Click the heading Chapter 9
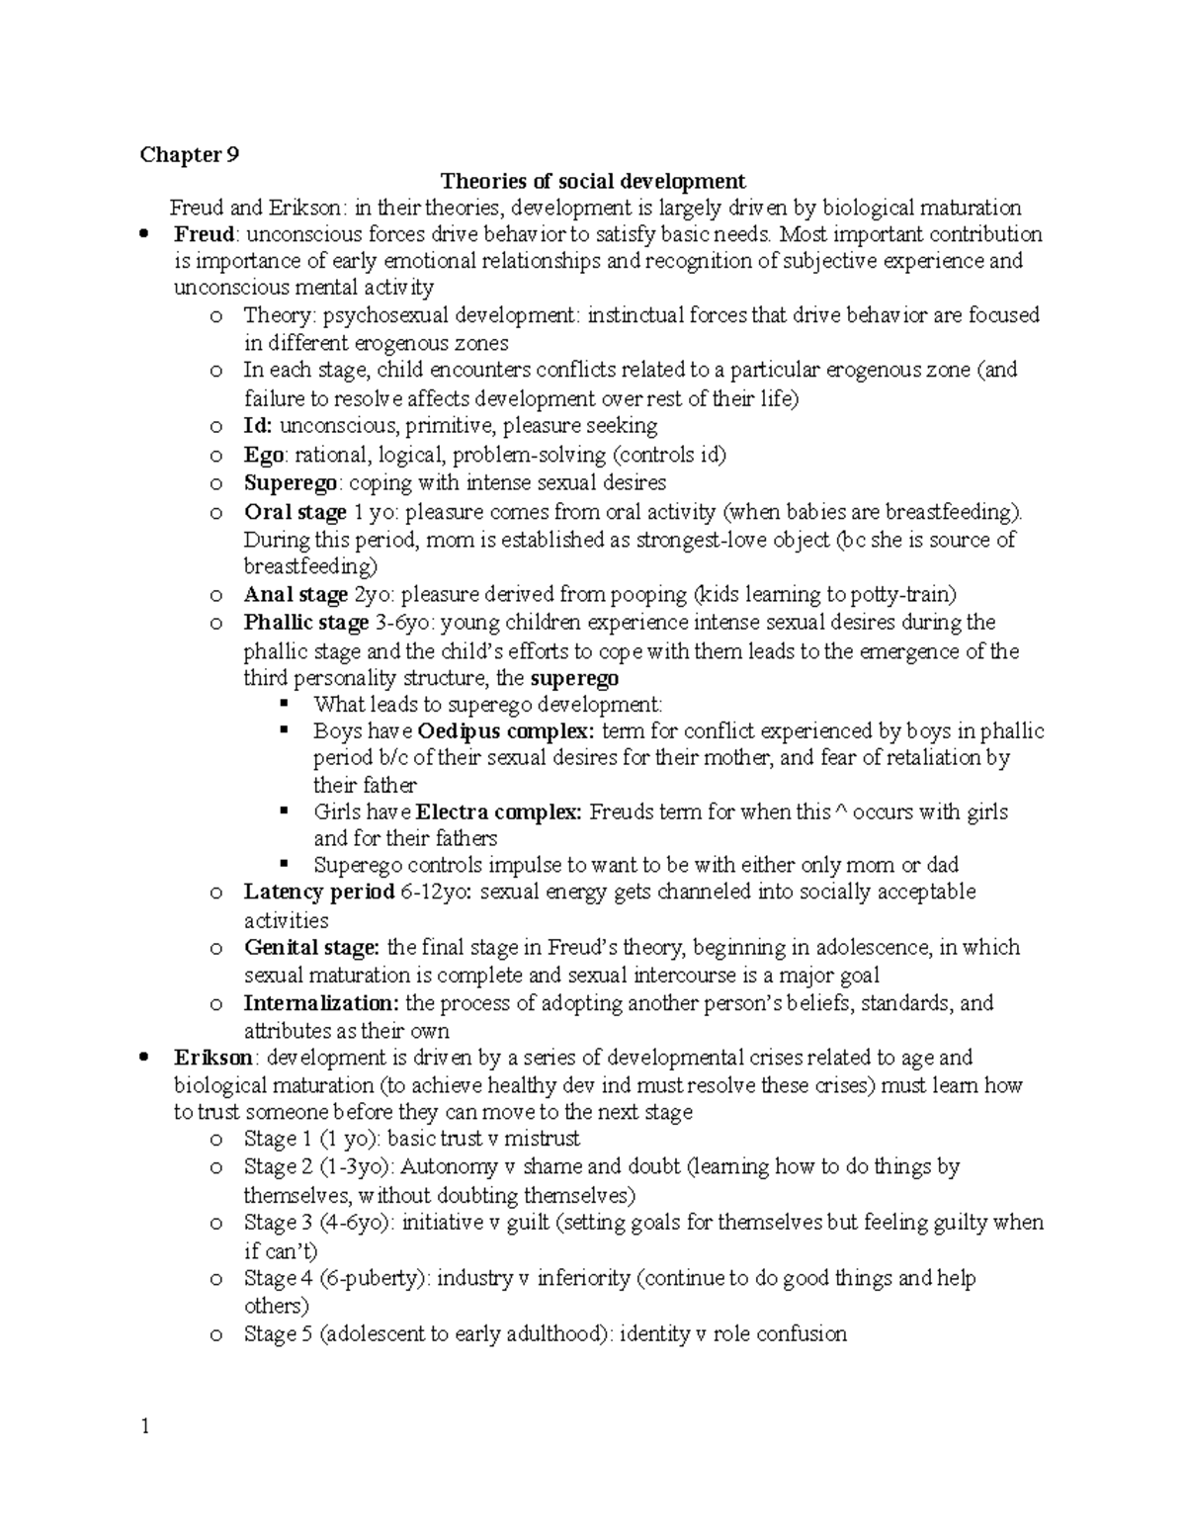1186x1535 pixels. click(x=189, y=154)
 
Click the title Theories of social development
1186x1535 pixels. click(x=593, y=181)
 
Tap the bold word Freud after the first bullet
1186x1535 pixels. click(x=205, y=234)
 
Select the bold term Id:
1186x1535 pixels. click(x=259, y=426)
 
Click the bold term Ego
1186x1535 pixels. click(x=264, y=455)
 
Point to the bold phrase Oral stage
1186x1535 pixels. click(x=295, y=512)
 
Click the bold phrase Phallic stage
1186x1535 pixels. click(x=305, y=623)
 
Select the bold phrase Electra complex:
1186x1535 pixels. click(x=499, y=811)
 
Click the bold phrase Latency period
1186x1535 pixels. click(x=318, y=892)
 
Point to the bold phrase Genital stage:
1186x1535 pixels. click(x=311, y=947)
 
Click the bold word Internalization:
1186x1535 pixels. click(x=321, y=1003)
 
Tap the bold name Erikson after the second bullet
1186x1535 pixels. click(x=212, y=1058)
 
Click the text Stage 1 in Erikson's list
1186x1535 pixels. click(x=271, y=1139)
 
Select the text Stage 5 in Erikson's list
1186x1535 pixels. click(x=271, y=1334)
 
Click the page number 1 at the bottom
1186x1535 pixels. click(x=144, y=1426)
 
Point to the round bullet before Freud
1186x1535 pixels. click(x=144, y=235)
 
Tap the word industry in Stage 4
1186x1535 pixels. click(x=474, y=1278)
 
